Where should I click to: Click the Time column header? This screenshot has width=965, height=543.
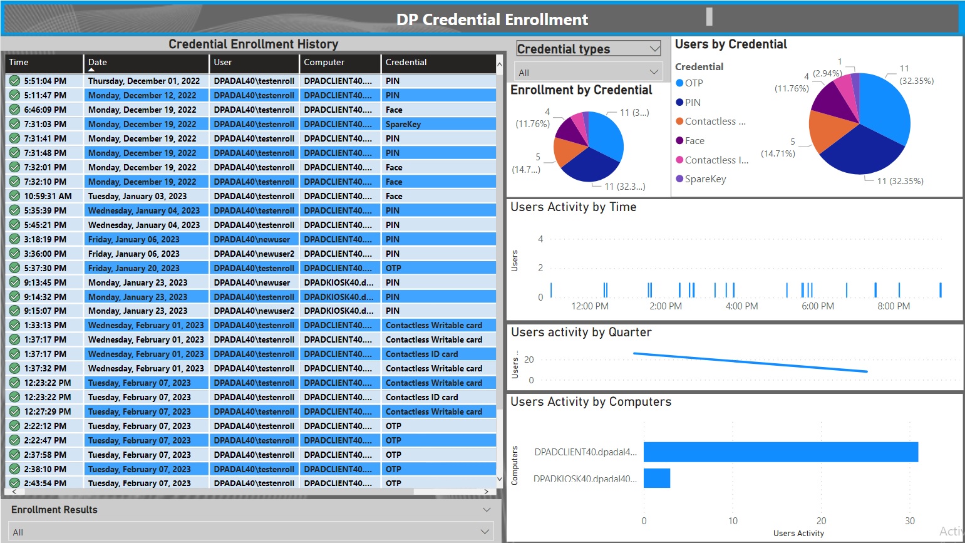tap(19, 63)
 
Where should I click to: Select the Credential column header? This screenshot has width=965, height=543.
tap(406, 63)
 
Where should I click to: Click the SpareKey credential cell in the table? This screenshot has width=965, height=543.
tap(403, 124)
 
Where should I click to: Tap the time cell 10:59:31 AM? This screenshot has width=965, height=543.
tap(48, 196)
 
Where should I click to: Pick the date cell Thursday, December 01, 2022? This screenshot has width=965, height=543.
tap(144, 81)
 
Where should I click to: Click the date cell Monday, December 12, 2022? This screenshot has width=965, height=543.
tap(142, 95)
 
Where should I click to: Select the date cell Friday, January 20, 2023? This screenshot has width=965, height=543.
tap(133, 268)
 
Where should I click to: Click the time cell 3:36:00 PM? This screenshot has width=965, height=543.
tap(45, 254)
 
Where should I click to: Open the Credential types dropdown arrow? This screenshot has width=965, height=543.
tap(654, 49)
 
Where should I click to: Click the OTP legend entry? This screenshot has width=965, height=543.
tap(693, 83)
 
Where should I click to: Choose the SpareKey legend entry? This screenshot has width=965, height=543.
tap(705, 179)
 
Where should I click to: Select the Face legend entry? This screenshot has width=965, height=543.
tap(694, 141)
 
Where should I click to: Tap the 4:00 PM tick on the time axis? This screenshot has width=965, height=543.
tap(741, 306)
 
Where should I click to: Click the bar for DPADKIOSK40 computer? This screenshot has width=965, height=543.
tap(656, 478)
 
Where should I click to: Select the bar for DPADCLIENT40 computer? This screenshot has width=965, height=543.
tap(780, 452)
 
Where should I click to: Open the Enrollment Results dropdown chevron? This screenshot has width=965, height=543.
tap(487, 510)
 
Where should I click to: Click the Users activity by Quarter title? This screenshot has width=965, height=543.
tap(581, 333)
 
